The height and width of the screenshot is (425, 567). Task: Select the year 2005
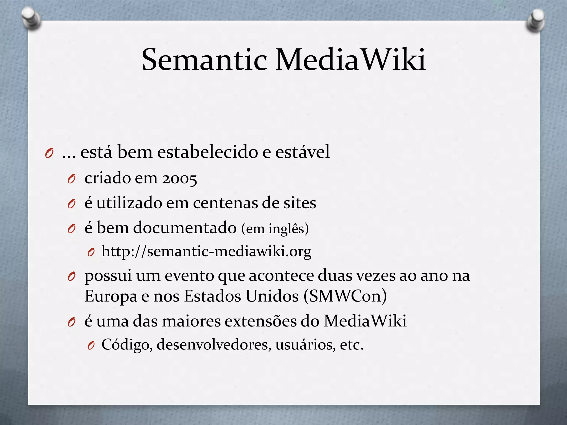tap(179, 178)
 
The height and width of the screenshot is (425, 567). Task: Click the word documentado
tap(185, 228)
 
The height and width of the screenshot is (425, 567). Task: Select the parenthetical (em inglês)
tap(275, 229)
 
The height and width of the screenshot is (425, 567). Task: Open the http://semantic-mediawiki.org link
tap(206, 252)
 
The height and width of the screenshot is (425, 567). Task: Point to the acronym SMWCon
tap(345, 296)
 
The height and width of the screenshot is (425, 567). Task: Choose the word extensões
tap(260, 321)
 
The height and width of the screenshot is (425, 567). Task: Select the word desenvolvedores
tap(214, 345)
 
